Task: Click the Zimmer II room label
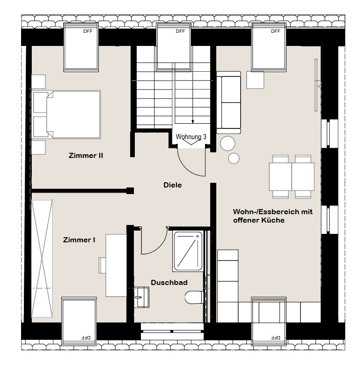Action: click(86, 156)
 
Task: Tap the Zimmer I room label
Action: click(79, 240)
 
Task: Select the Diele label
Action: click(173, 185)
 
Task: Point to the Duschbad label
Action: click(169, 283)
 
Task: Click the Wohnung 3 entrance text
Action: click(191, 137)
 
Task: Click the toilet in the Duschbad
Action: click(194, 297)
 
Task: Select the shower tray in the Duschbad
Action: click(188, 251)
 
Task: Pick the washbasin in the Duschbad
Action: click(142, 297)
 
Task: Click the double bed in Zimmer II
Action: click(66, 114)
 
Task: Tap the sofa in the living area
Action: click(228, 103)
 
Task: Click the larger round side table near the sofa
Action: click(228, 143)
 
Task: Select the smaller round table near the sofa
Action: click(234, 158)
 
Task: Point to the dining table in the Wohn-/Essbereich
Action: click(292, 177)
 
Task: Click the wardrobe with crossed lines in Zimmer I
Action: click(42, 259)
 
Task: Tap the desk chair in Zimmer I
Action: click(103, 265)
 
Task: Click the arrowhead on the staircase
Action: click(192, 122)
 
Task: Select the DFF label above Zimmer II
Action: click(88, 31)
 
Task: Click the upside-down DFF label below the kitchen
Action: click(276, 337)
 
